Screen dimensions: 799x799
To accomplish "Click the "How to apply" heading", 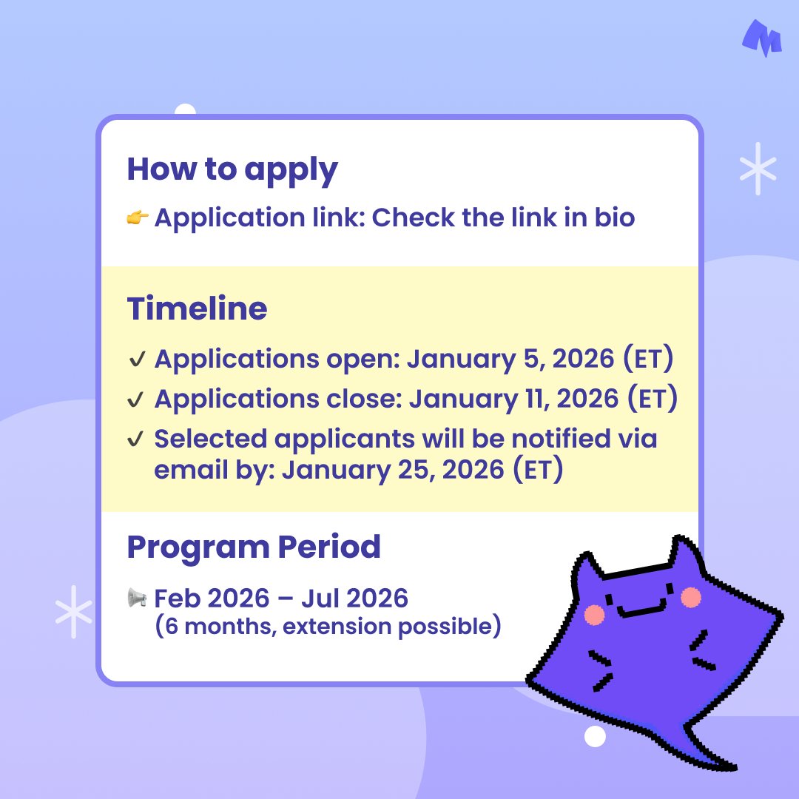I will coord(232,170).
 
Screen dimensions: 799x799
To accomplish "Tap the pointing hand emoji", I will coord(138,218).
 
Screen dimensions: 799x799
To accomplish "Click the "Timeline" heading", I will coord(197,309).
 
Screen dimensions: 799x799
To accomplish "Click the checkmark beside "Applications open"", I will coord(136,360).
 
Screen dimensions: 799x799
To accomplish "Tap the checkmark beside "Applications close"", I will coord(136,399).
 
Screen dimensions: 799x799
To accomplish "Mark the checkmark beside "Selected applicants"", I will coord(136,439).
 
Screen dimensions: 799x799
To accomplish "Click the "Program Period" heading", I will coord(254,547).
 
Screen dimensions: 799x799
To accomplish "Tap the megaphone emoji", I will coord(137,598).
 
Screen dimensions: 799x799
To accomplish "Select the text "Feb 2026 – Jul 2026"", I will coord(281,598).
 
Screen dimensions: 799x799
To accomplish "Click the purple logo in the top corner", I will coord(762,38).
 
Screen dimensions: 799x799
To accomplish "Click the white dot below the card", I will coord(594,736).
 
